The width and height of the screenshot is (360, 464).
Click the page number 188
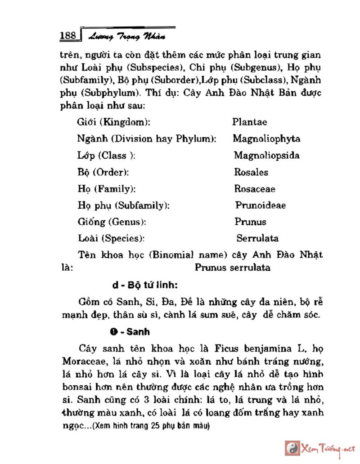pos(69,36)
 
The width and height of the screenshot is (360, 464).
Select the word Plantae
pos(250,122)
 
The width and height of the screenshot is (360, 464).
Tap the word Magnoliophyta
pos(266,138)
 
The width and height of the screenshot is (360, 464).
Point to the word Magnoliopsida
pos(267,156)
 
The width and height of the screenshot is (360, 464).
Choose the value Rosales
pos(251,172)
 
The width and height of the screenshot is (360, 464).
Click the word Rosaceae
pos(255,189)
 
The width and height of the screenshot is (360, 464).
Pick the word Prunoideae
pos(261,205)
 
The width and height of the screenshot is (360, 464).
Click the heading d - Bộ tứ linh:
pos(145,286)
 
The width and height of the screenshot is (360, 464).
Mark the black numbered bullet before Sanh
pos(113,332)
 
